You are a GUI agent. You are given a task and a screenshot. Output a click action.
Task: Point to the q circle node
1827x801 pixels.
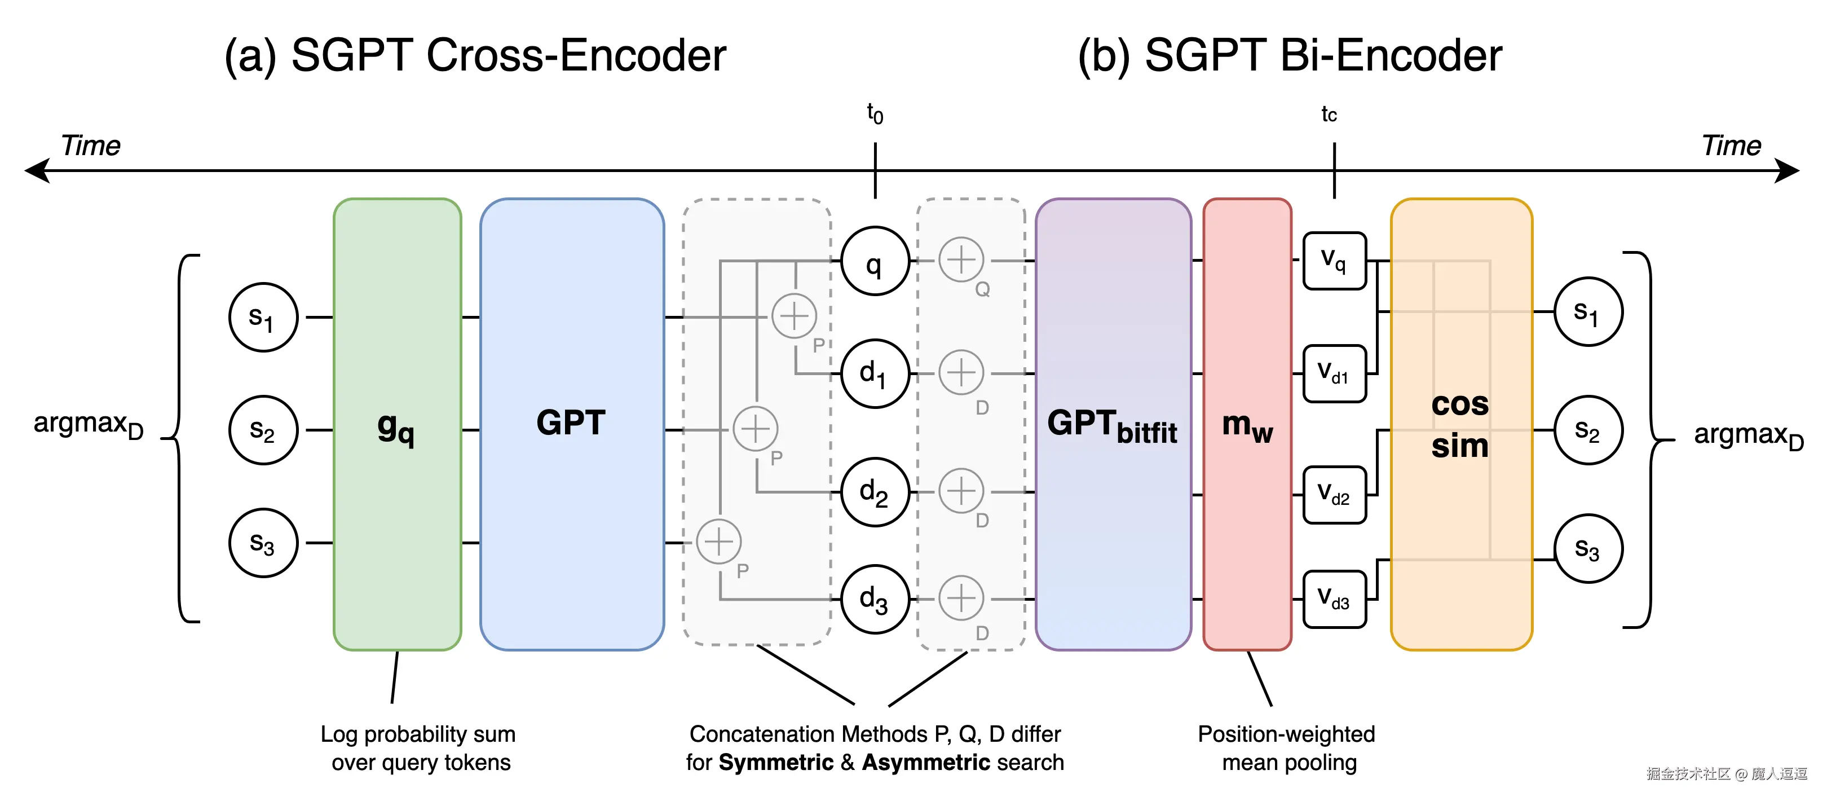pos(875,262)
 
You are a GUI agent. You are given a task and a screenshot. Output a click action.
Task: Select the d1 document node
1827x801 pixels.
pos(875,373)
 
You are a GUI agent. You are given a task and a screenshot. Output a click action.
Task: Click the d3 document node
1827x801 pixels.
pos(875,600)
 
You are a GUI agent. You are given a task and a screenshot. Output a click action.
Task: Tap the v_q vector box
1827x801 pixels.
pos(1334,261)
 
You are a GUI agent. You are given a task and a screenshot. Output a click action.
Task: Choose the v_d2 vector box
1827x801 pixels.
pos(1334,495)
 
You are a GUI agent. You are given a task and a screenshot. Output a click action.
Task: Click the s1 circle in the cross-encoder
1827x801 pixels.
pos(263,317)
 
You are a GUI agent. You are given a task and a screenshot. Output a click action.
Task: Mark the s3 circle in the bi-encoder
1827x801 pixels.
pos(1588,548)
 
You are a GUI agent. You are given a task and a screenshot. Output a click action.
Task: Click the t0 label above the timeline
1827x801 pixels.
pos(875,113)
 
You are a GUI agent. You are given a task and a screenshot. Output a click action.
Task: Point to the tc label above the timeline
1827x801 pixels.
pos(1329,114)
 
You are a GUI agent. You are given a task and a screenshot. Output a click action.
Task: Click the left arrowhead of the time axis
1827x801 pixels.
pos(36,171)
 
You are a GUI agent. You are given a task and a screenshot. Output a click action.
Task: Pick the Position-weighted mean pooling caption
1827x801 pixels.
pos(1287,748)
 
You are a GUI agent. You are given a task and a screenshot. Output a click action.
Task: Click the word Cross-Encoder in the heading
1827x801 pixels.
pos(576,55)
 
